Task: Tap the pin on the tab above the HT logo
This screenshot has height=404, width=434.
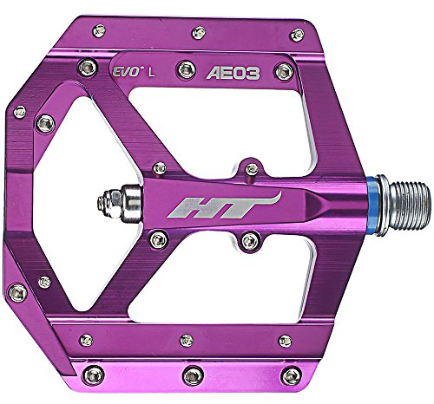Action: coord(251,166)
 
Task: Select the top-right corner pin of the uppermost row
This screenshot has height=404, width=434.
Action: coord(297,35)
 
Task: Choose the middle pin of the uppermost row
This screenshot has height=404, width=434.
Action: coord(199,32)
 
